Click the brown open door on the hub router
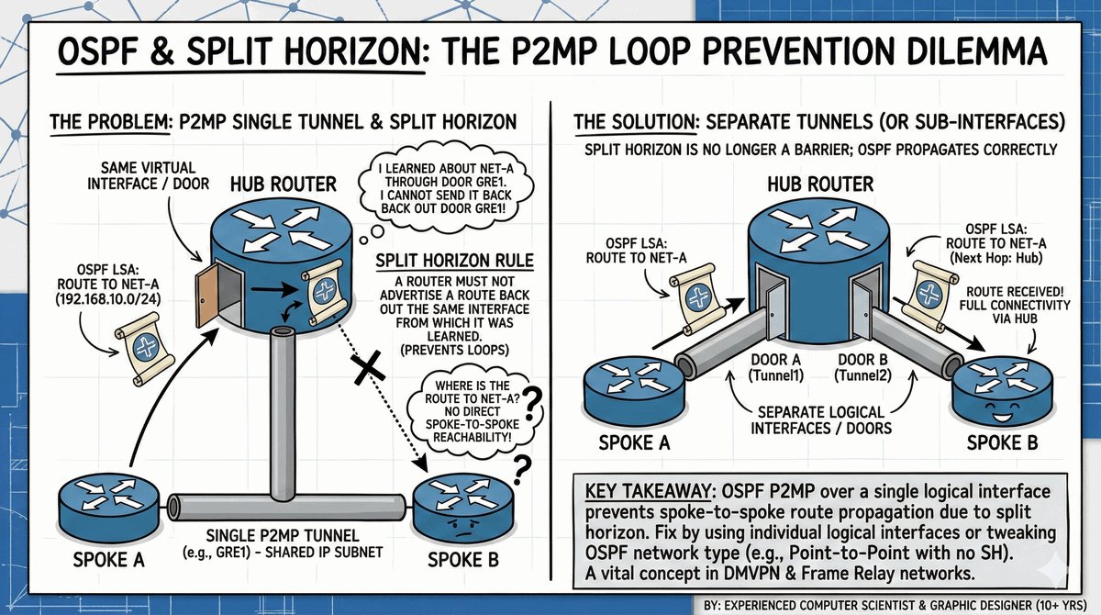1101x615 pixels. [x=206, y=295]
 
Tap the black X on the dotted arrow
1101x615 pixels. [x=368, y=367]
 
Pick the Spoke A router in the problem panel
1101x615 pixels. [x=108, y=511]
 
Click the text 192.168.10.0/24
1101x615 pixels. [x=108, y=299]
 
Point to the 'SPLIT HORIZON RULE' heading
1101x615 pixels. [x=455, y=261]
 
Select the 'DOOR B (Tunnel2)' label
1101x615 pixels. [x=862, y=368]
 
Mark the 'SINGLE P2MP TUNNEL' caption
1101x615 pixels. [x=283, y=535]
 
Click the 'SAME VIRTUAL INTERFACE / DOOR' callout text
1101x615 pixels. [x=149, y=175]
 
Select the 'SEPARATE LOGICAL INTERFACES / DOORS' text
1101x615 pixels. [x=821, y=420]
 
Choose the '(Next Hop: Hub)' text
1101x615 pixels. [x=996, y=258]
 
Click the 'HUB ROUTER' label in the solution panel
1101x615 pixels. [x=820, y=184]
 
